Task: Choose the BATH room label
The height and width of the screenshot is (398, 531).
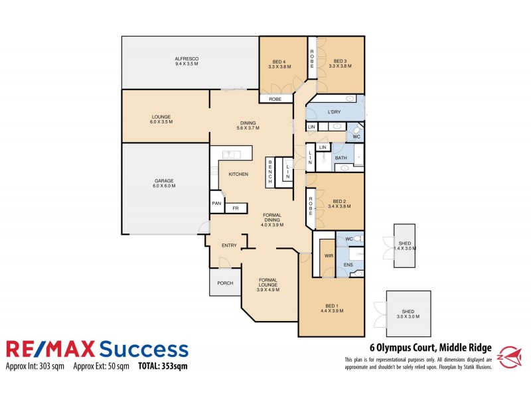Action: pos(341,158)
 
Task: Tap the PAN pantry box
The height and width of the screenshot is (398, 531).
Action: pos(216,203)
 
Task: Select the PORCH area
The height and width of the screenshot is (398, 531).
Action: pos(225,283)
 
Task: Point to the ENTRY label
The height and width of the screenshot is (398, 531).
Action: pos(229,245)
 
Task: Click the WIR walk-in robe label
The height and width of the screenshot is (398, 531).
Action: pos(328,255)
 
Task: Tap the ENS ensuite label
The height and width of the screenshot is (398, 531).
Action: pos(348,265)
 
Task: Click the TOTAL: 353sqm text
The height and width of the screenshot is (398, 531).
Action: pos(162,365)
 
